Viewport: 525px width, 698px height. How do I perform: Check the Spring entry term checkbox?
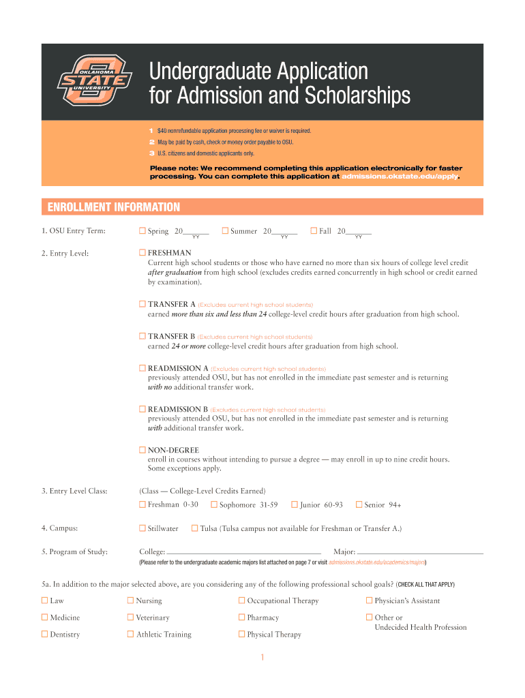(142, 231)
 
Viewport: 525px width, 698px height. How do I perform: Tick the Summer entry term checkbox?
(225, 231)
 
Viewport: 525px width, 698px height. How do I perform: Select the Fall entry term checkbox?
(314, 231)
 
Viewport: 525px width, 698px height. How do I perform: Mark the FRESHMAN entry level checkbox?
(142, 253)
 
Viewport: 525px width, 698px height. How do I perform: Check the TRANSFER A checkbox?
(142, 304)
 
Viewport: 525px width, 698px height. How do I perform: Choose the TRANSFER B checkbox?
(142, 336)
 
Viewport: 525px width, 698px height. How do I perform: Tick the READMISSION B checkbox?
(142, 409)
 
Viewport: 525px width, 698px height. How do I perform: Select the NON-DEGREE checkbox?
(142, 450)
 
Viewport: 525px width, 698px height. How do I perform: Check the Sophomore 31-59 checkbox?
(214, 504)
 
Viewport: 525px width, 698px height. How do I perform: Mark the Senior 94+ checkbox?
(359, 504)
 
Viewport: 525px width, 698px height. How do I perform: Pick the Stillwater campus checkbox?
(142, 528)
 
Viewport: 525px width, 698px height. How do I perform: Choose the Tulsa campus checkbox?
(194, 528)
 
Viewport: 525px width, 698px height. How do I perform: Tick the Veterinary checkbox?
(130, 618)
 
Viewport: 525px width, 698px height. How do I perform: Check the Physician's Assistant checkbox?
(369, 601)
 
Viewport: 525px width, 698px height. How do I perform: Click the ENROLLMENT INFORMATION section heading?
(113, 207)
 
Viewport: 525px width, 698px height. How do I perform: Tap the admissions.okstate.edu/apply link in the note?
(400, 176)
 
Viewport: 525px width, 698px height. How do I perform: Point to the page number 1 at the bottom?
(262, 657)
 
